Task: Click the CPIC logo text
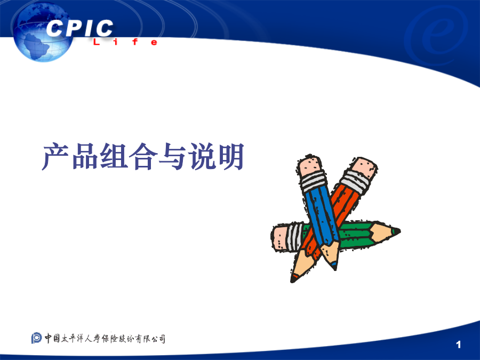[x=80, y=28]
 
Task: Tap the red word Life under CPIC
[x=125, y=42]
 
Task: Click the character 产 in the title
[x=55, y=156]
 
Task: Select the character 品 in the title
[x=84, y=156]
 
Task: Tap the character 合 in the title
[x=143, y=156]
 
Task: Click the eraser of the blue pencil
[x=309, y=166]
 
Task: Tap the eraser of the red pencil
[x=364, y=168]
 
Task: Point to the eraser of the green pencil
[x=280, y=237]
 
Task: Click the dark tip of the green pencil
[x=396, y=231]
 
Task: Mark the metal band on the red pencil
[x=355, y=182]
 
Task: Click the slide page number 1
[x=458, y=345]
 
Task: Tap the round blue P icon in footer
[x=36, y=338]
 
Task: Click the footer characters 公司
[x=158, y=339]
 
